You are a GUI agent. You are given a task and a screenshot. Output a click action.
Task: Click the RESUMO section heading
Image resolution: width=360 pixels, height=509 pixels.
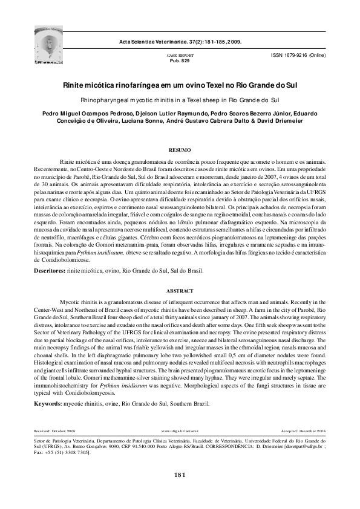(x=179, y=149)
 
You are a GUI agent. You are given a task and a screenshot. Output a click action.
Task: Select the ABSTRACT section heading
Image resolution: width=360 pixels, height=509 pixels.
(x=179, y=291)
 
